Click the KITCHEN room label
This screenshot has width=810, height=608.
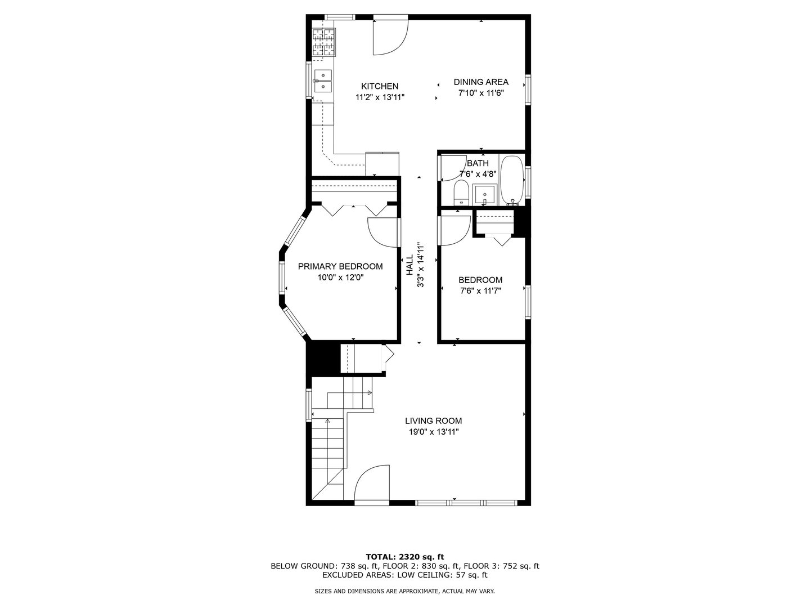380,86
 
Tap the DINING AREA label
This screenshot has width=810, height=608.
481,82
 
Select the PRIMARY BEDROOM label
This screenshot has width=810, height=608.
340,266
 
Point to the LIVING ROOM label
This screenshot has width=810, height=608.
433,421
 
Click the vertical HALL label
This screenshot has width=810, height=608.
409,265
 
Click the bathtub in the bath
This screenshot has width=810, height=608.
512,180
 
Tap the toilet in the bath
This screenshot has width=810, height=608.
461,192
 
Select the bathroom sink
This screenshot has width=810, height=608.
484,195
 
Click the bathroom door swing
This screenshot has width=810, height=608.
452,168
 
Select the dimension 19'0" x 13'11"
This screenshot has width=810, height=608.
434,432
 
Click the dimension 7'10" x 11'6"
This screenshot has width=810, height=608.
481,93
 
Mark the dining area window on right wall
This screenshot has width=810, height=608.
528,90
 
